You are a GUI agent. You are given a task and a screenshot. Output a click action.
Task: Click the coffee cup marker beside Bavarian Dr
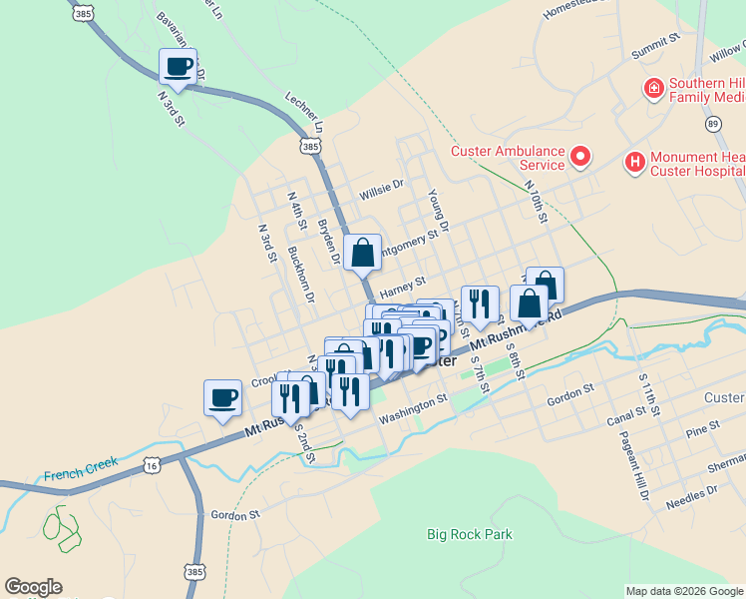[178, 68]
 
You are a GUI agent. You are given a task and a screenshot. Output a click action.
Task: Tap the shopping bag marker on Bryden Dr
[362, 254]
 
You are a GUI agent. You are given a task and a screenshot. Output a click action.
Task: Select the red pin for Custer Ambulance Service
[579, 157]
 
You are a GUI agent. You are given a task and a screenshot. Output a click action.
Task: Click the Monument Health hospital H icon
[633, 161]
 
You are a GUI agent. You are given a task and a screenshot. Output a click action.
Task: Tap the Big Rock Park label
[469, 534]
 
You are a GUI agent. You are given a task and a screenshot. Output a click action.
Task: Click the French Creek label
[81, 466]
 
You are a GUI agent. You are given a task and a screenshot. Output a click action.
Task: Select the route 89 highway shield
[711, 123]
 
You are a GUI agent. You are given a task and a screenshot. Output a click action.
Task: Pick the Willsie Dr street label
[381, 185]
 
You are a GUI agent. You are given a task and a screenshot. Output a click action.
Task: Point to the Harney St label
[403, 287]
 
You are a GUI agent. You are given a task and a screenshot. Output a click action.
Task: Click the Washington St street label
[413, 408]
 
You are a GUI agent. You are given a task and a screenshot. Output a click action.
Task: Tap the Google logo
[33, 587]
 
